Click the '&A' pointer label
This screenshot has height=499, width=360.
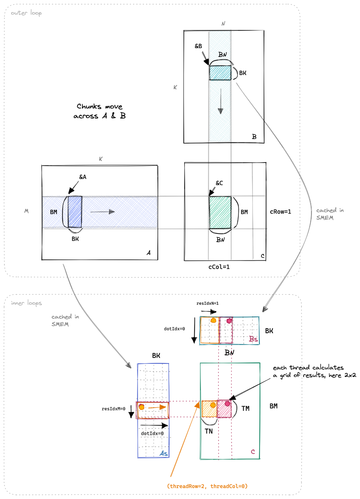pos(83,177)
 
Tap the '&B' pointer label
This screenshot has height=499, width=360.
pos(198,46)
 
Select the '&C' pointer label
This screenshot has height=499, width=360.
pos(219,183)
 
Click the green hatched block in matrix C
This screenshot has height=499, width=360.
pos(220,212)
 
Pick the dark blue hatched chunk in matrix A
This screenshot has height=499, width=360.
pos(75,212)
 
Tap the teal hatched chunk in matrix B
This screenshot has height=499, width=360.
pos(220,72)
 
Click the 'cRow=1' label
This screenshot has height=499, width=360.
pos(280,212)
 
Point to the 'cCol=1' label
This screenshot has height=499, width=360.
pos(219,267)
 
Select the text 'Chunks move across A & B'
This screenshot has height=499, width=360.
pos(99,111)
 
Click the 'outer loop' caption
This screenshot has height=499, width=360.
pos(26,13)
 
